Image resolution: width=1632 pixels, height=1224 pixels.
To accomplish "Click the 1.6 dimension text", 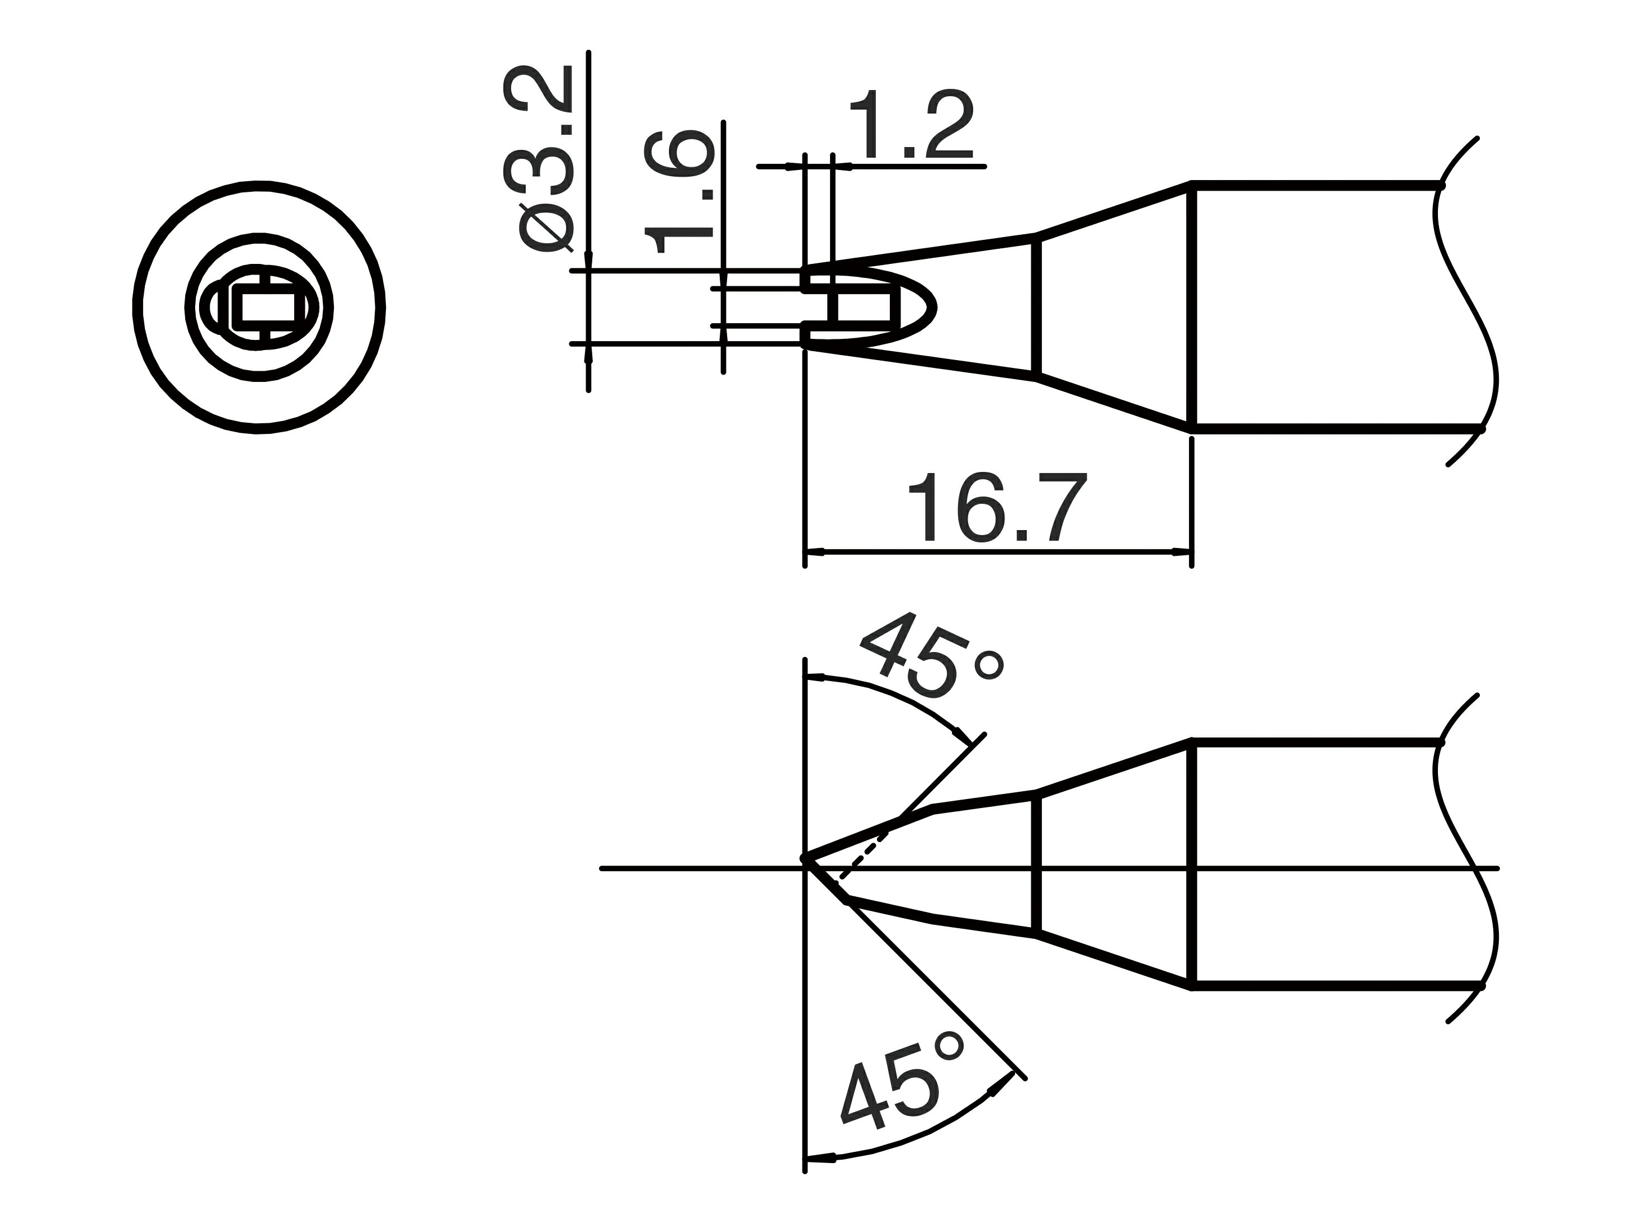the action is (679, 192).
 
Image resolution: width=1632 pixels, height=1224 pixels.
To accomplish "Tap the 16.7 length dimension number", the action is (998, 508).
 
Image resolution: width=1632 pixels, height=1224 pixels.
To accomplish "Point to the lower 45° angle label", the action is (902, 1093).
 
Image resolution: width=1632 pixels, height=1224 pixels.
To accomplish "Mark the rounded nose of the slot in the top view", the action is (934, 307).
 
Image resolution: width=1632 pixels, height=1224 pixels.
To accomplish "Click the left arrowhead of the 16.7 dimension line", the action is (814, 551).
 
